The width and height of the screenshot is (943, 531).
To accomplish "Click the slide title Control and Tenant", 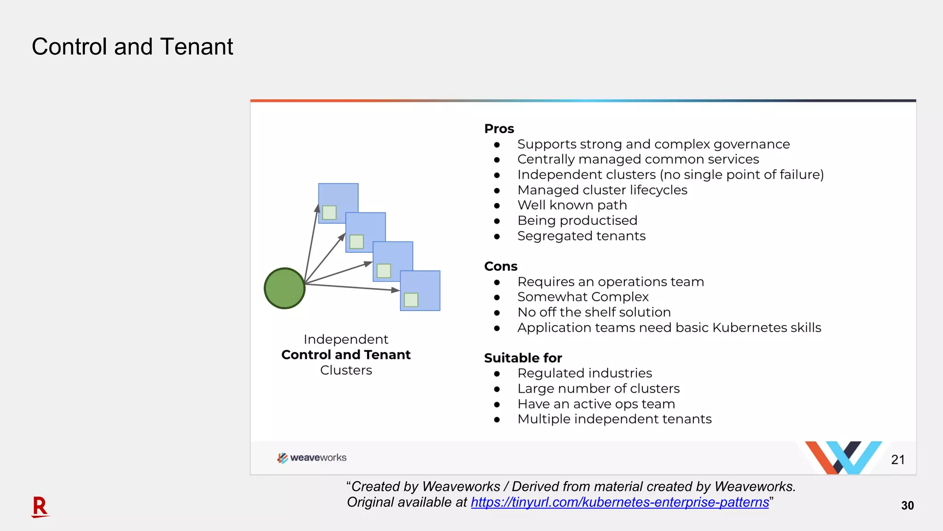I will [x=132, y=47].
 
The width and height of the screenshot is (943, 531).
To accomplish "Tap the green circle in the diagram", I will [x=285, y=288].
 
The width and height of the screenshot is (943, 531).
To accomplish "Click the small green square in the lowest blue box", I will [x=411, y=300].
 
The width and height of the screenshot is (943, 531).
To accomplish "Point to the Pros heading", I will [x=499, y=129].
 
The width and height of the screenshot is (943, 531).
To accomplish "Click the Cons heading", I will [x=501, y=266].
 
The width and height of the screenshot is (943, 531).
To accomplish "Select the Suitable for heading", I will [x=523, y=358].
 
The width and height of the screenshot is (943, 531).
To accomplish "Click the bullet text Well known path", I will [x=572, y=205].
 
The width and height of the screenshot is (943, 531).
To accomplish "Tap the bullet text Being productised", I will [x=577, y=220].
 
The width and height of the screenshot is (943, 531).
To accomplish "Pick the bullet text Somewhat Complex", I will [x=582, y=297].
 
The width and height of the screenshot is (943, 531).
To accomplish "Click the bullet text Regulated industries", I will [x=584, y=373].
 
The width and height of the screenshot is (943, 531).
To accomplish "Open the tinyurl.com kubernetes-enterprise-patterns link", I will [x=619, y=502].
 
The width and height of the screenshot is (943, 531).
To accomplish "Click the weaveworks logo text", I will [x=318, y=458].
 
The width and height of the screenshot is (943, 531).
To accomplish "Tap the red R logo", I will [x=40, y=507].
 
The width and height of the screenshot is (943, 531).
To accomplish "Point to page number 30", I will [x=907, y=506].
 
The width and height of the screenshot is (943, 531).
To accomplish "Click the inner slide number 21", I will [x=897, y=460].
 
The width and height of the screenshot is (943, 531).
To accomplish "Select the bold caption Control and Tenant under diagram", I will [x=346, y=355].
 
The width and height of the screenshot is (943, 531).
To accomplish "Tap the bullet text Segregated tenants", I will [x=581, y=236].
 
